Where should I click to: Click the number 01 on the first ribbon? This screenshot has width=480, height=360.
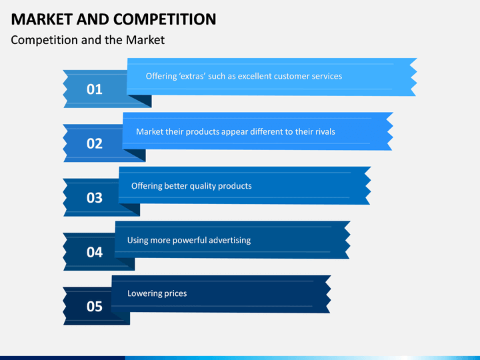click(x=95, y=89)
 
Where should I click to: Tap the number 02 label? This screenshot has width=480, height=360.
click(x=95, y=143)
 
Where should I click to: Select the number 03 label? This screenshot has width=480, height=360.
click(x=95, y=198)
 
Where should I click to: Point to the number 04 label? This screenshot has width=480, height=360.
click(x=95, y=253)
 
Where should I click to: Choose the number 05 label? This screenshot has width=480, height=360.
click(x=95, y=307)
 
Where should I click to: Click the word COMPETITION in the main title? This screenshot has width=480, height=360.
click(x=162, y=19)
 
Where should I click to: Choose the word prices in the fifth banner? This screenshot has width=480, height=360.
click(x=175, y=294)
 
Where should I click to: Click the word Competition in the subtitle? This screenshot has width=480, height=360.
click(x=44, y=40)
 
